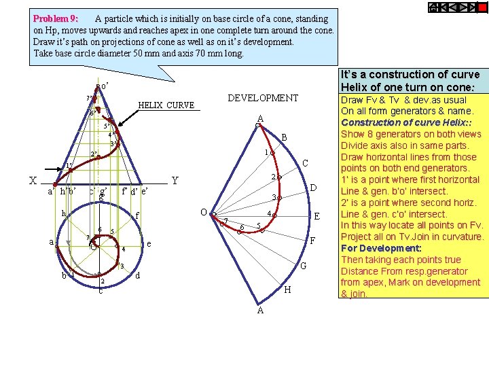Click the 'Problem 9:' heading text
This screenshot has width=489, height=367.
click(56, 19)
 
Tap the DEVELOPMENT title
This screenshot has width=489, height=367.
click(263, 99)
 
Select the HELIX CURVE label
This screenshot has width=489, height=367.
click(166, 106)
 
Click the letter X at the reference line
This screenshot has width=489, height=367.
click(33, 181)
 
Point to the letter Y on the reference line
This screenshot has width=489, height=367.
click(175, 181)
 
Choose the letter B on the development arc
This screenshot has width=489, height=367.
click(285, 138)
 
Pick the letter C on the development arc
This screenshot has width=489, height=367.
click(306, 164)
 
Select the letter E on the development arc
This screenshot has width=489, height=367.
click(316, 216)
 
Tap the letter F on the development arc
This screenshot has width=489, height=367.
click(312, 241)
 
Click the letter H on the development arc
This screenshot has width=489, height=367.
click(287, 290)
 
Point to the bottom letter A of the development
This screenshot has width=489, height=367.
click(260, 311)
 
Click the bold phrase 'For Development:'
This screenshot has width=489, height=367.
click(381, 248)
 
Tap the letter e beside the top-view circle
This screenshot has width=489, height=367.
click(149, 244)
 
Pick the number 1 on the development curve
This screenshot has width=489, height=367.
click(267, 152)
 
